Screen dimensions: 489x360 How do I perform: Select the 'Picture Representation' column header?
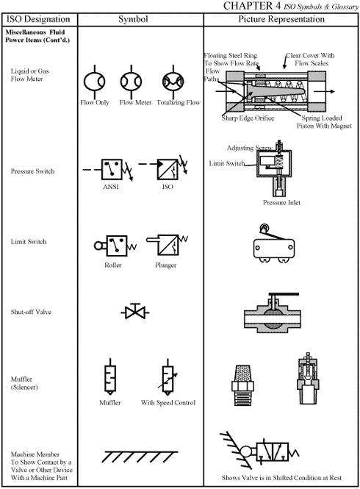point(281,19)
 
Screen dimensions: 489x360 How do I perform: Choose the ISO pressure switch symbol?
point(168,168)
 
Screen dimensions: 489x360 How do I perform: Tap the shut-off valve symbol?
point(135,312)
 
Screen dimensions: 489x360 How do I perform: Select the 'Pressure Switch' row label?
point(32,171)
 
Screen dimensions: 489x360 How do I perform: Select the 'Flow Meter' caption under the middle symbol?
point(135,102)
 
